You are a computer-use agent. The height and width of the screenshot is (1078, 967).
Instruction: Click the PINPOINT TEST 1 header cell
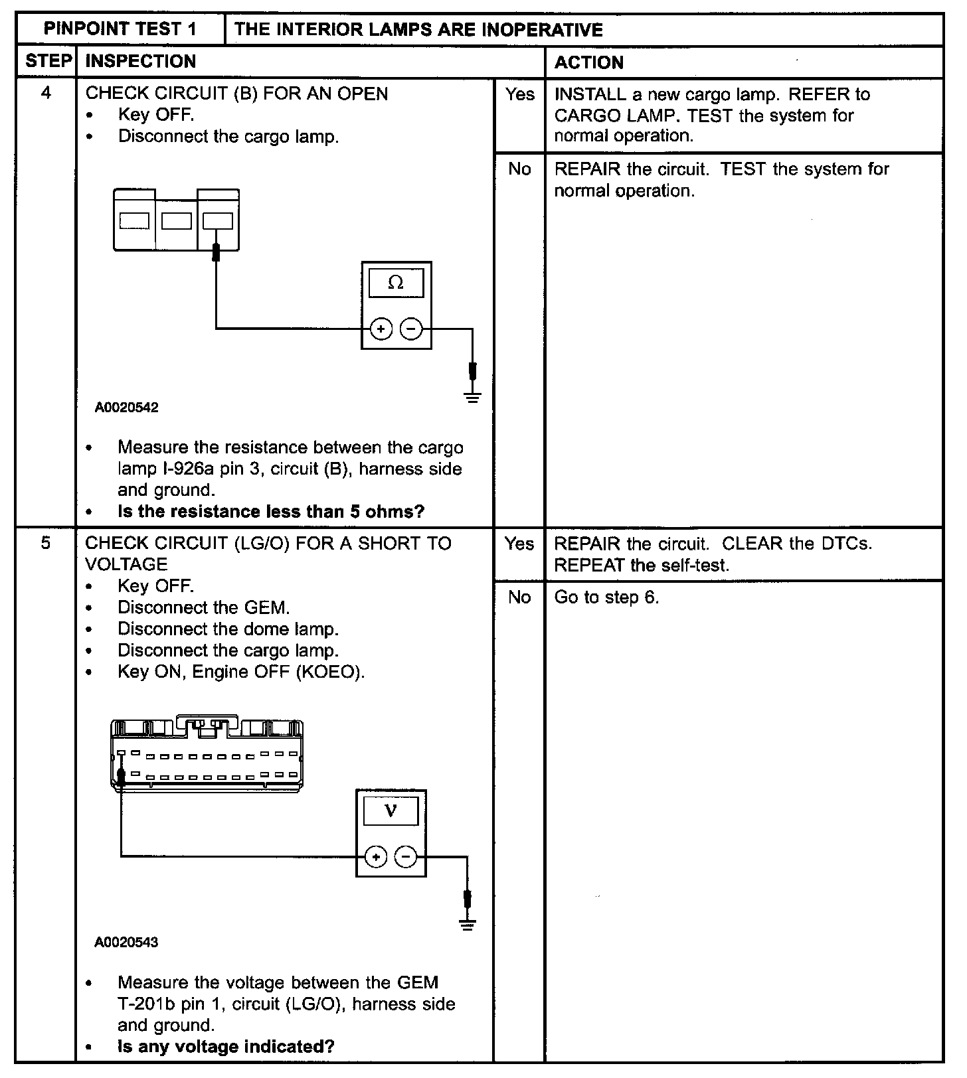coord(120,29)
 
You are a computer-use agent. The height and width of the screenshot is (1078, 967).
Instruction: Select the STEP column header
coord(48,62)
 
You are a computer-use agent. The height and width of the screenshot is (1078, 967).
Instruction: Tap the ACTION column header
coord(589,62)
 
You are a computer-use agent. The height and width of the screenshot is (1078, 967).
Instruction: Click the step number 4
coord(46,93)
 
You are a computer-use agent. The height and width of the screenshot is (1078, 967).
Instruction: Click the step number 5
coord(46,543)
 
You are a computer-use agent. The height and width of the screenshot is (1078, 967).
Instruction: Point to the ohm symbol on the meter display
coord(396,283)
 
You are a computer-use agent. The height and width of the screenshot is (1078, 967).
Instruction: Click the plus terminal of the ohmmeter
coord(381,329)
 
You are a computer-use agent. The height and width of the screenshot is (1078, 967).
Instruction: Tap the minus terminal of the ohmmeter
coord(412,329)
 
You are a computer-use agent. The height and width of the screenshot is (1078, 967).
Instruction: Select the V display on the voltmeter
coord(391,811)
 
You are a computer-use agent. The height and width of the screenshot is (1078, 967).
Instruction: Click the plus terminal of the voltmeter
coord(376,857)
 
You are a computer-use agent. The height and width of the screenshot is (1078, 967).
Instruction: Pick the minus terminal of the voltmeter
coord(406,857)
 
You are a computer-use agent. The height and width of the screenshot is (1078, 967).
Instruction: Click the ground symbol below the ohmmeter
coord(472,398)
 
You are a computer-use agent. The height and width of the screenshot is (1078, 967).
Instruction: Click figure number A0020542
coord(127,408)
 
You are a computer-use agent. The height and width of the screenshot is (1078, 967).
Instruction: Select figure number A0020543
coord(127,943)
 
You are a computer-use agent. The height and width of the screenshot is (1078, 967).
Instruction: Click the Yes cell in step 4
coord(519,95)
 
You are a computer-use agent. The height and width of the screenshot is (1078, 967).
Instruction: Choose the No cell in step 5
coord(519,597)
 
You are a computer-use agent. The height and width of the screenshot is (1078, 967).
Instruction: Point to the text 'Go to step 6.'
coord(606,597)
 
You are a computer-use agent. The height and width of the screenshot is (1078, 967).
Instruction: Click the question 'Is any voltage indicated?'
coord(226,1047)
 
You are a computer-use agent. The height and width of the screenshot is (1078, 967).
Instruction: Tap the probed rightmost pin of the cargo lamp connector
coord(218,221)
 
